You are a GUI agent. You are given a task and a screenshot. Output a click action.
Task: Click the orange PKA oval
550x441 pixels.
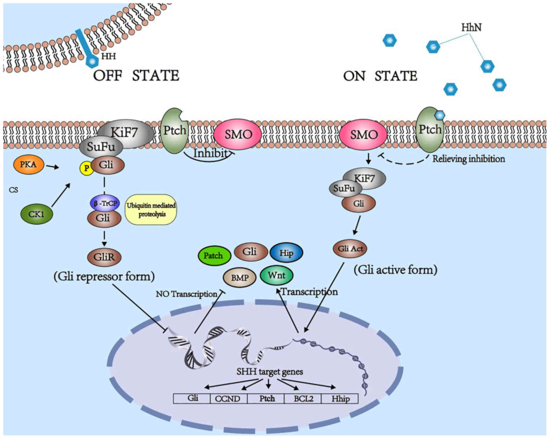(x=28, y=164)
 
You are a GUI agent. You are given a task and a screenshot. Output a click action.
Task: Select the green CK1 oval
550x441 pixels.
(x=37, y=214)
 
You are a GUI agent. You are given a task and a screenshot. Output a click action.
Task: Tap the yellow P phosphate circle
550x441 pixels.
(x=86, y=168)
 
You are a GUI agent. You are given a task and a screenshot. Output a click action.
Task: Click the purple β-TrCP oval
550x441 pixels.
(x=105, y=203)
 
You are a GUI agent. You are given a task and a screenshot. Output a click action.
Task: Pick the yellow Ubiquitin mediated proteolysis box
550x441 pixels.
(x=151, y=210)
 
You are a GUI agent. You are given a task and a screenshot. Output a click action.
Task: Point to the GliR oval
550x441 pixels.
(x=104, y=257)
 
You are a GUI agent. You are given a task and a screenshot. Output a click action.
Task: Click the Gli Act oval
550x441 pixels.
(x=350, y=249)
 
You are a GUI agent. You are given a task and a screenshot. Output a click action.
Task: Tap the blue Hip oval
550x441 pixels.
(x=286, y=253)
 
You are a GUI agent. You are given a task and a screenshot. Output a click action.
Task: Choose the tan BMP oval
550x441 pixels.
(x=240, y=278)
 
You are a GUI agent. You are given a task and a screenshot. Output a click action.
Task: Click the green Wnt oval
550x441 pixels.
(x=276, y=275)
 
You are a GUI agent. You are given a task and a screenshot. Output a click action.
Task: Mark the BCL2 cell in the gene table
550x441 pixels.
(x=303, y=399)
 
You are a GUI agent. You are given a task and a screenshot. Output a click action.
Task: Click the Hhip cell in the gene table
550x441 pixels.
(x=340, y=399)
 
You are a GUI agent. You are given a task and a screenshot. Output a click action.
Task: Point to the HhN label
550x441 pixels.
(x=471, y=28)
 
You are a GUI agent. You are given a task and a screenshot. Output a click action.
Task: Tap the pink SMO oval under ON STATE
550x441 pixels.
(x=363, y=134)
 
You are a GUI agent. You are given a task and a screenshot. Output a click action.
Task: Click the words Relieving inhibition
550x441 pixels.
(x=469, y=159)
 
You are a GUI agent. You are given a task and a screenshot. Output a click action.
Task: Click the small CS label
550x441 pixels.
(x=13, y=190)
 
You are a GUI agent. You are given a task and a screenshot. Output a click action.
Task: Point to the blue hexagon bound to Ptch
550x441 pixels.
(x=440, y=116)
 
